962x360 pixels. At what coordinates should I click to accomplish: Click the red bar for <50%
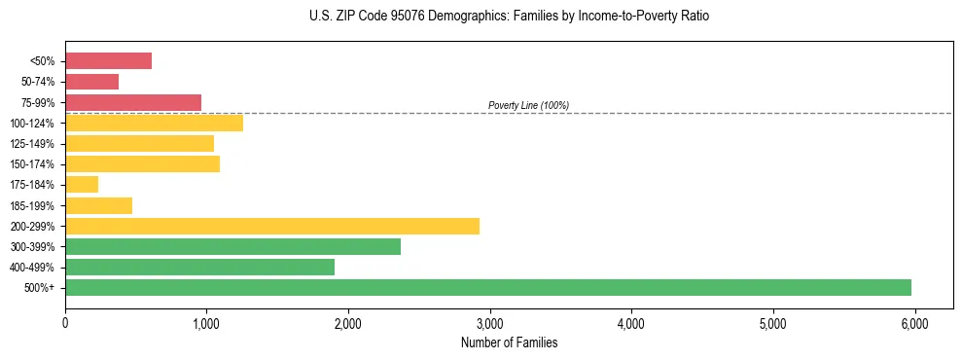pyautogui.click(x=108, y=61)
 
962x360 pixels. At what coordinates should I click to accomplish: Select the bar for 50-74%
pyautogui.click(x=91, y=82)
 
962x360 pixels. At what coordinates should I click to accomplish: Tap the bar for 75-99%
pyautogui.click(x=133, y=102)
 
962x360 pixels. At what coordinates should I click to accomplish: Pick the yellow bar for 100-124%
pyautogui.click(x=154, y=123)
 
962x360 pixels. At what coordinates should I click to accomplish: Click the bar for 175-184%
pyautogui.click(x=82, y=184)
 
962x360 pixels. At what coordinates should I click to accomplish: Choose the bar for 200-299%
pyautogui.click(x=272, y=226)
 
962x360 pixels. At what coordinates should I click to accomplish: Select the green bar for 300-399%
pyautogui.click(x=232, y=246)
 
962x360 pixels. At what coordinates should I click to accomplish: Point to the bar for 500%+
pyautogui.click(x=488, y=287)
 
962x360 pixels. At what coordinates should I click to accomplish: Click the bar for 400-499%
pyautogui.click(x=199, y=267)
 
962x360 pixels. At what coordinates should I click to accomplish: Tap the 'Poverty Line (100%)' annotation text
pyautogui.click(x=528, y=105)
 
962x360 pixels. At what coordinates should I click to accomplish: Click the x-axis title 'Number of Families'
pyautogui.click(x=509, y=342)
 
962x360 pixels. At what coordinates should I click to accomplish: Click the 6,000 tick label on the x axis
pyautogui.click(x=914, y=323)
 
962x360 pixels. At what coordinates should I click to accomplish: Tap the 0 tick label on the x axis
pyautogui.click(x=65, y=323)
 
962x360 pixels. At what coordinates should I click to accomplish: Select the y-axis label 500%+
pyautogui.click(x=39, y=288)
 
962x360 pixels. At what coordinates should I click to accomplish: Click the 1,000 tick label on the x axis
pyautogui.click(x=206, y=323)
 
